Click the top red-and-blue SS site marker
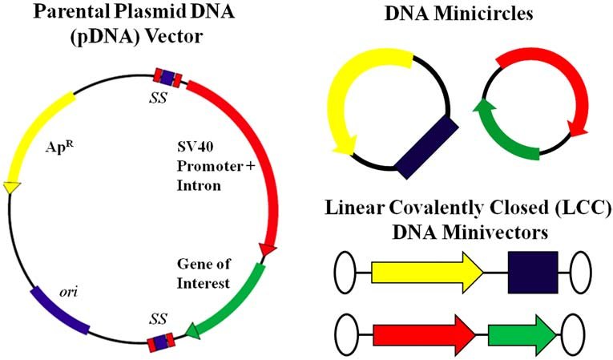point(167,77)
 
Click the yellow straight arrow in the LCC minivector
point(425,276)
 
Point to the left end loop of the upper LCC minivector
point(352,276)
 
